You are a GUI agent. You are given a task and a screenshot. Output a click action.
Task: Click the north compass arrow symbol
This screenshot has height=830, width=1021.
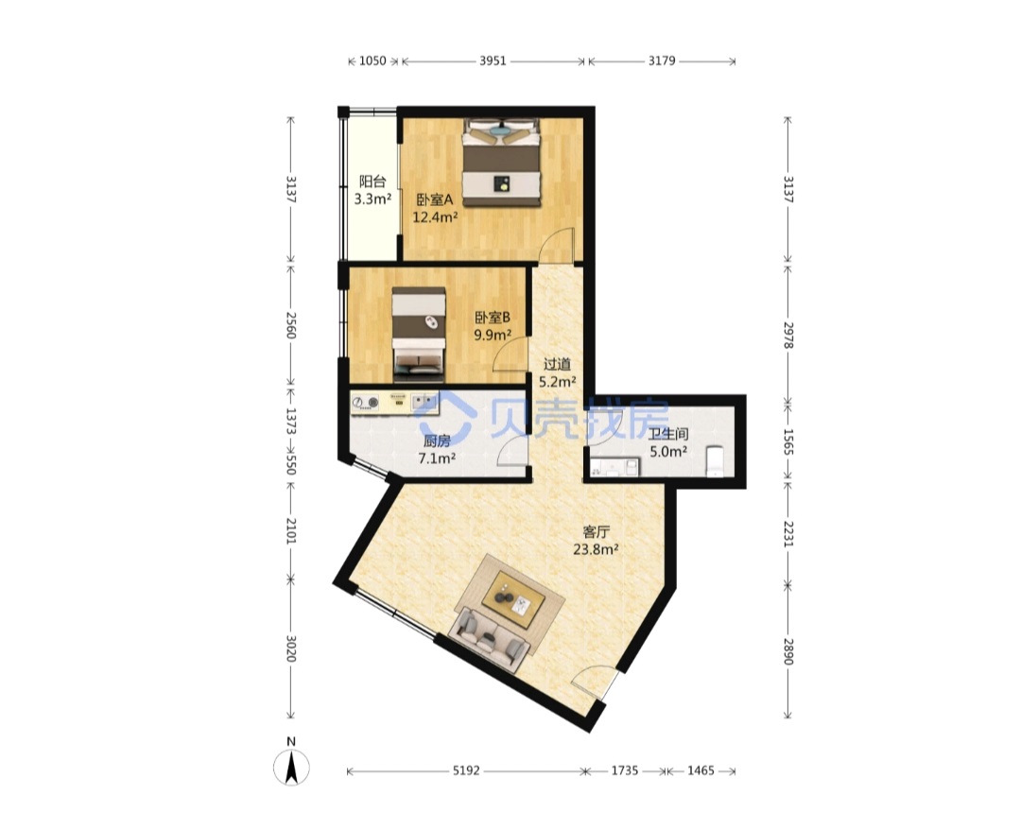(291, 767)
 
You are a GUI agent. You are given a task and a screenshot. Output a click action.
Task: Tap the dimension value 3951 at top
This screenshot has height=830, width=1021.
(493, 61)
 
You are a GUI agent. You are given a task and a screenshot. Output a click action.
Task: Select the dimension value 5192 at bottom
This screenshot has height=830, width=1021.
(466, 770)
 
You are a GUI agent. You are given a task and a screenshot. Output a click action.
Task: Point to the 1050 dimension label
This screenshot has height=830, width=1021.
(373, 61)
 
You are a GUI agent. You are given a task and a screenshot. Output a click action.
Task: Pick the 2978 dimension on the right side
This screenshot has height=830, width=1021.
(787, 335)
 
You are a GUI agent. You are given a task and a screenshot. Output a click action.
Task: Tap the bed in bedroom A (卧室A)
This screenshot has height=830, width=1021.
(501, 163)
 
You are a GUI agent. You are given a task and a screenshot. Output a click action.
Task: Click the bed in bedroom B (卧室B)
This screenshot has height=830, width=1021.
(419, 335)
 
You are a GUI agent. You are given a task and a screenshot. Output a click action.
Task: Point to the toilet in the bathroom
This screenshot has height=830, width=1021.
(715, 461)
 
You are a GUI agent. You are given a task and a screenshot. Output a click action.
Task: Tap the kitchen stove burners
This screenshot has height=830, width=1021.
(365, 404)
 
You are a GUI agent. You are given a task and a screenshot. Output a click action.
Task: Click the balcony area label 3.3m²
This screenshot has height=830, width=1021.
(372, 199)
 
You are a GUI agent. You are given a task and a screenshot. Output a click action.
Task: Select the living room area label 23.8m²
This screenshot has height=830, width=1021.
(596, 549)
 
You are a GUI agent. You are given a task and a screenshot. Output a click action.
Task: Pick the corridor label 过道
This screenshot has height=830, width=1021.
(557, 365)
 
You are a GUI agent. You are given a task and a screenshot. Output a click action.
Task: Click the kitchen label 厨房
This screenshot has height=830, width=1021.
(436, 441)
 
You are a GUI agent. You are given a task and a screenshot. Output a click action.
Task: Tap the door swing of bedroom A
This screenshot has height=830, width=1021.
(560, 244)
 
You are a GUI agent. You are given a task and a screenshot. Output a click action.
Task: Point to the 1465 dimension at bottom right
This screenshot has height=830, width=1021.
(701, 770)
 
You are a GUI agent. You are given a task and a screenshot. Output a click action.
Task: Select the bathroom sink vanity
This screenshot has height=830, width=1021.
(614, 467)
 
